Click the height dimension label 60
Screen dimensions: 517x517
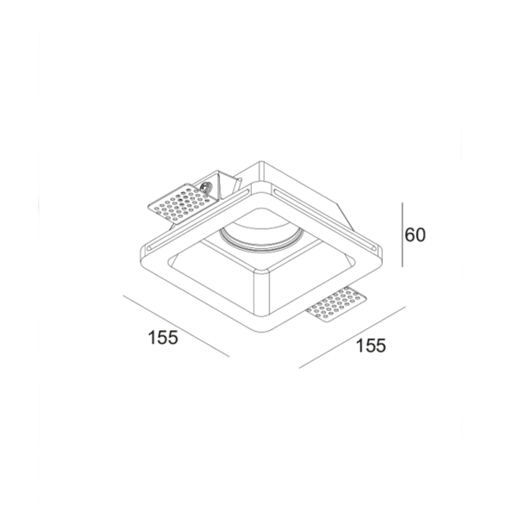click(x=417, y=234)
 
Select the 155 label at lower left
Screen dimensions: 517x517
click(x=162, y=337)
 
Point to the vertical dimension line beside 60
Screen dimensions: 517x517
click(x=402, y=234)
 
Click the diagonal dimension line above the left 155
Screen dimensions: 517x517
click(x=176, y=327)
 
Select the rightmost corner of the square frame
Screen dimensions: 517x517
click(x=380, y=251)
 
